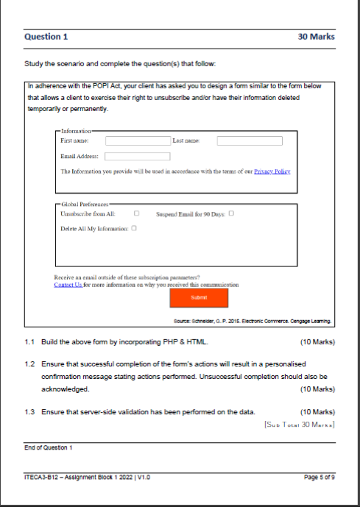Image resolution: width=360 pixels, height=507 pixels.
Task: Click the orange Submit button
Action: pos(199,297)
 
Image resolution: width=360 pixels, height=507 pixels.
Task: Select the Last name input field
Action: pos(250,140)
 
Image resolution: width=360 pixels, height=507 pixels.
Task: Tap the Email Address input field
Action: pos(137,156)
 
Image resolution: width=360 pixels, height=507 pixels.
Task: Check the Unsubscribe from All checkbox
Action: pos(137,213)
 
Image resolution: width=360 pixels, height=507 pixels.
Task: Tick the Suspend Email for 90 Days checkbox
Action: pos(231,213)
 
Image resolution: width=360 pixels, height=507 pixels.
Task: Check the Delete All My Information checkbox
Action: pos(134,228)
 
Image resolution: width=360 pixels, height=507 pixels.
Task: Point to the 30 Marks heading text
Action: pos(316,36)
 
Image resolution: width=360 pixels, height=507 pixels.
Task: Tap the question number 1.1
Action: pos(29,343)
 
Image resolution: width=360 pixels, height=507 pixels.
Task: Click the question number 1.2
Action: pos(29,364)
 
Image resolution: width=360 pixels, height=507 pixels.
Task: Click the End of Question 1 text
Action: pos(49,447)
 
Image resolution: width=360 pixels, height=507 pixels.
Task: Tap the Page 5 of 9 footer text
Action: pos(320,477)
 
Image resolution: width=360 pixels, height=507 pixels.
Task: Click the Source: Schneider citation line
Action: pos(250,320)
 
